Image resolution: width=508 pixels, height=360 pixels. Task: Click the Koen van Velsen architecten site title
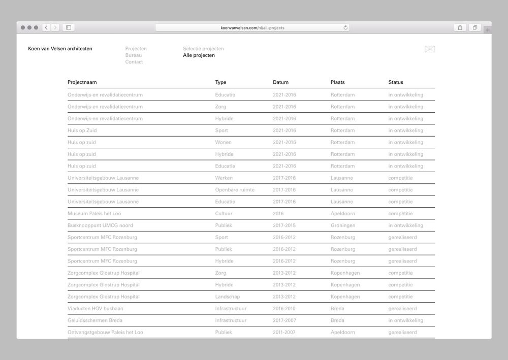[x=60, y=49]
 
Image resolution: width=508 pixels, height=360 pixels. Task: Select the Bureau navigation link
[x=134, y=55]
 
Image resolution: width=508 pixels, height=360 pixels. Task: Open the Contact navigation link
[x=134, y=62]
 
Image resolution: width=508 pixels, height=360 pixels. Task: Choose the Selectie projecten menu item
[x=203, y=49]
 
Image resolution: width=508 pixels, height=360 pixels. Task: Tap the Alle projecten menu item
[x=199, y=55]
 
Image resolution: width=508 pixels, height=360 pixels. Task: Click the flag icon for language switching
[x=430, y=49]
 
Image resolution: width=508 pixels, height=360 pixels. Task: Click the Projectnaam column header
[x=82, y=82]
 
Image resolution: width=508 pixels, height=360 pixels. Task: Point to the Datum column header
[x=280, y=82]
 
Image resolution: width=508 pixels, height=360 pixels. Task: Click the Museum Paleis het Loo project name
[x=94, y=214]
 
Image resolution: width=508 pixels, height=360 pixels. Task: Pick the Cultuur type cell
[x=224, y=214]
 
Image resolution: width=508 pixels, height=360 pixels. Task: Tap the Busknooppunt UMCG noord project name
[x=100, y=225]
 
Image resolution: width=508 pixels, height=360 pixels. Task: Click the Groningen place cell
[x=343, y=225]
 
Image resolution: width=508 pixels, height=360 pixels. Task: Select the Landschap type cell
[x=228, y=297]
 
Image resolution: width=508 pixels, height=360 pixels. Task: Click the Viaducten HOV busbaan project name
[x=96, y=309]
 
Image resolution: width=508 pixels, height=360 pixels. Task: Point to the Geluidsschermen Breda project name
[x=95, y=320]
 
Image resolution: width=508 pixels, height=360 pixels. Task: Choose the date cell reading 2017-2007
[x=284, y=320]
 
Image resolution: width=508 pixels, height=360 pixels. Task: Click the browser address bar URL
[x=252, y=27]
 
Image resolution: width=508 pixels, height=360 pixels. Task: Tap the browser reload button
[x=346, y=27]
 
